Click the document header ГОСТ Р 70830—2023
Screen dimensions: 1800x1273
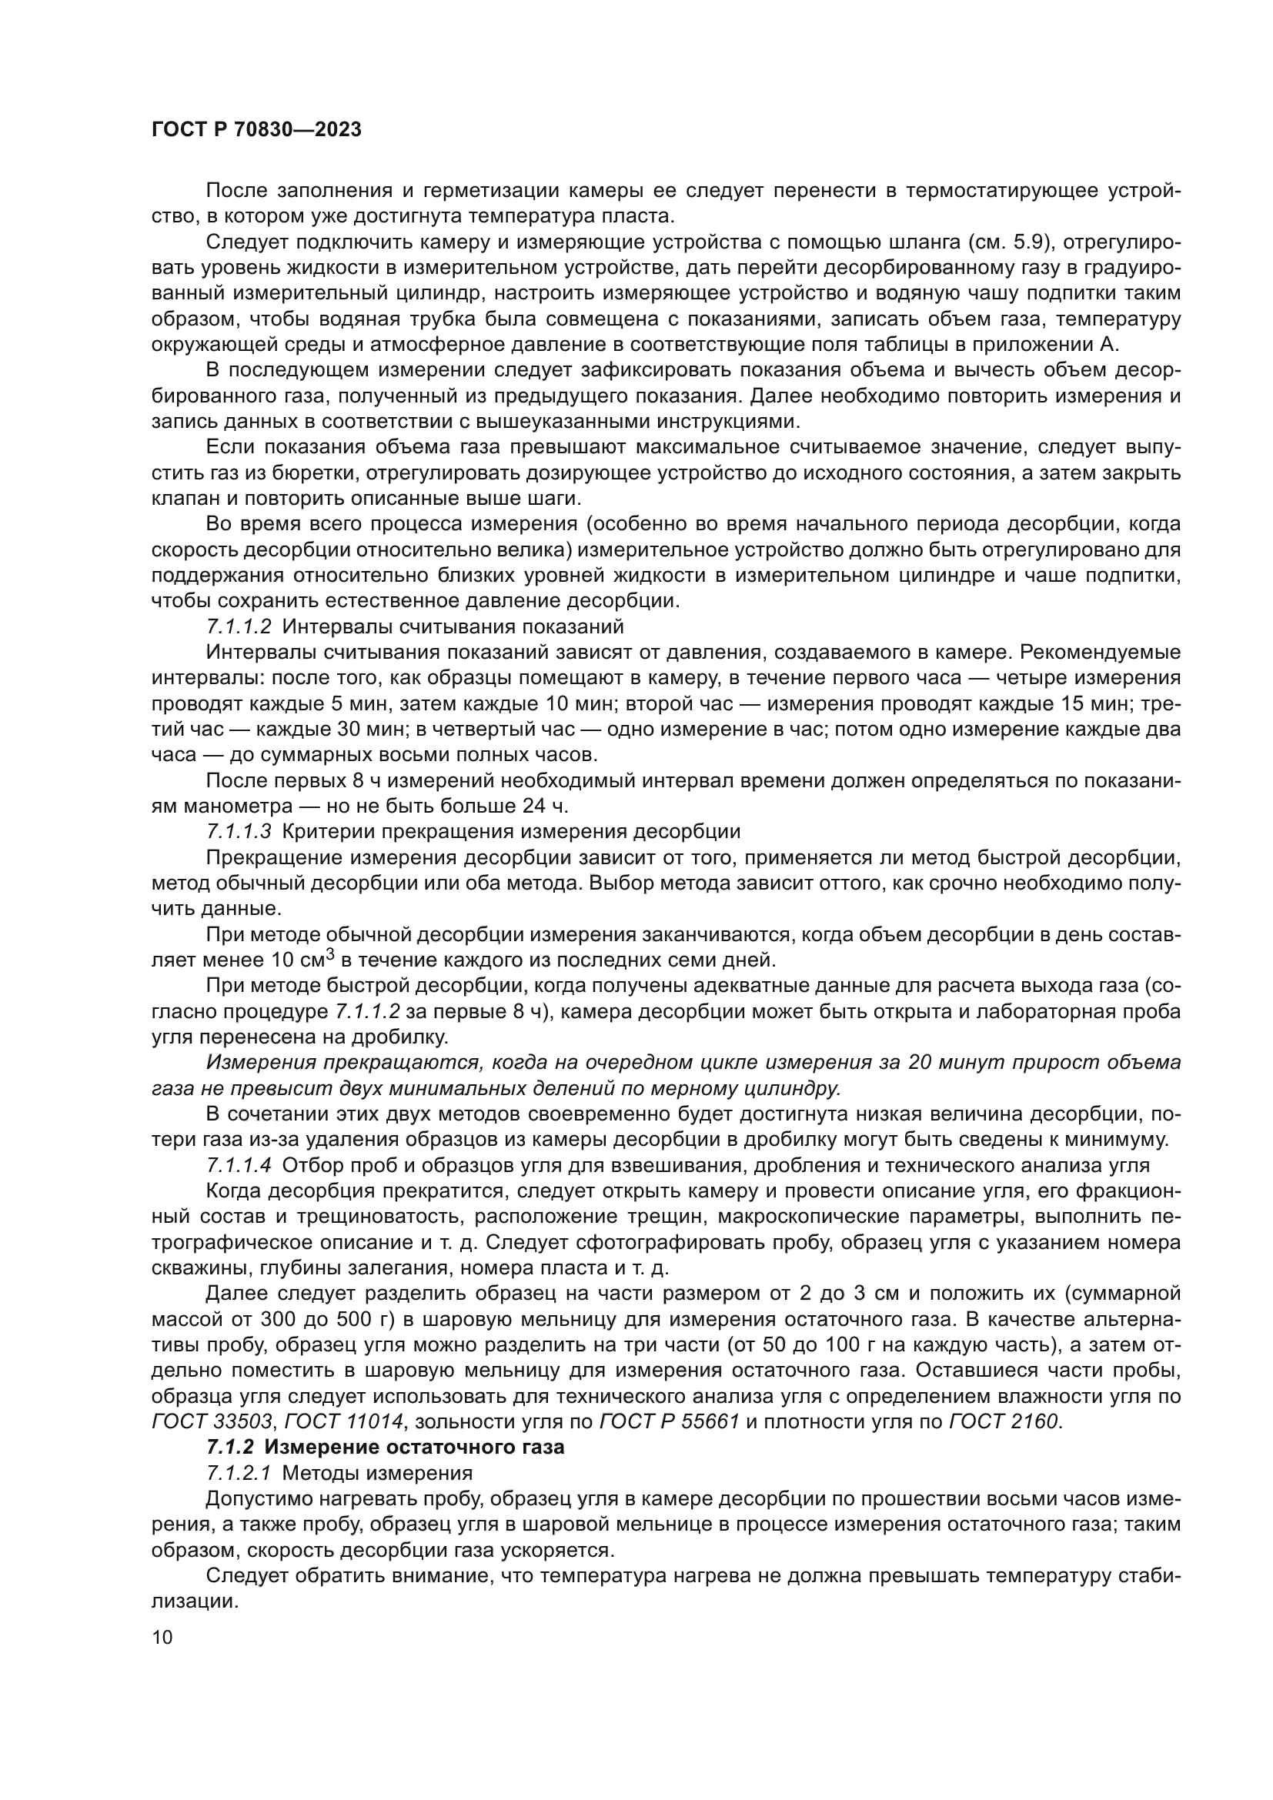pos(256,130)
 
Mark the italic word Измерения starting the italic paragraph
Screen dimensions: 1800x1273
pos(262,1062)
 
